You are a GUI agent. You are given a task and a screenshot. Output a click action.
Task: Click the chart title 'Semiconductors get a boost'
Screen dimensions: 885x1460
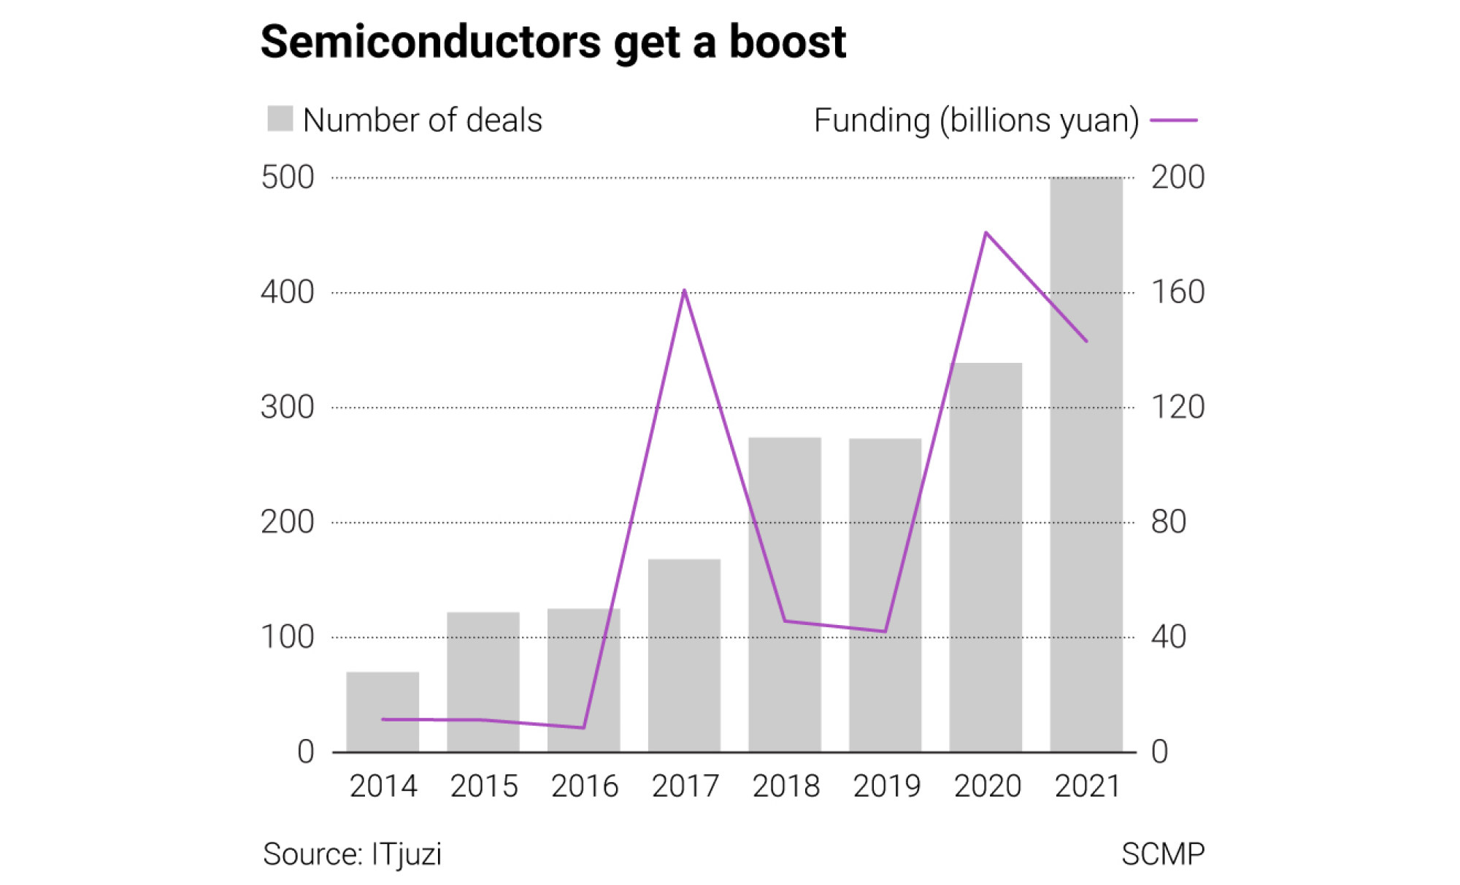[553, 42]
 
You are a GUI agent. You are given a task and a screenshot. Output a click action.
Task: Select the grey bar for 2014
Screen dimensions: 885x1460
[383, 711]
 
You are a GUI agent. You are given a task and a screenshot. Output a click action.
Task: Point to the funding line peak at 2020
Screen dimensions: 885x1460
[986, 233]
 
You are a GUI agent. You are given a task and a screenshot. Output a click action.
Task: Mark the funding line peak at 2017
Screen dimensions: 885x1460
[684, 291]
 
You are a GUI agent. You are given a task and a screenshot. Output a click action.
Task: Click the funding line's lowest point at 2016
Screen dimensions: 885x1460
[583, 727]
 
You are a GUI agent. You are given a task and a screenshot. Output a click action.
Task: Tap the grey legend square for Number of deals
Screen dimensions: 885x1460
[280, 119]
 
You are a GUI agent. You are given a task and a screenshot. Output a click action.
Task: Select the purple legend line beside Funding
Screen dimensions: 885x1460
[1174, 120]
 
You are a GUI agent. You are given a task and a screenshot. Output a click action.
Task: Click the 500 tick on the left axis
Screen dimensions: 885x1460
[288, 177]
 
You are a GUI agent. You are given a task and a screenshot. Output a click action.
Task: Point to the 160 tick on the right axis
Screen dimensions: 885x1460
[1177, 292]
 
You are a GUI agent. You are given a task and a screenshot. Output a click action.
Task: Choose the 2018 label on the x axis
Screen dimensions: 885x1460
[785, 786]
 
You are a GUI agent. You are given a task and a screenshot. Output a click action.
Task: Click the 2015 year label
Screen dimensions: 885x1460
[483, 786]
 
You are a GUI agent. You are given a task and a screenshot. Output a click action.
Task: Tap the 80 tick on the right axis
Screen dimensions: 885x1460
[1169, 522]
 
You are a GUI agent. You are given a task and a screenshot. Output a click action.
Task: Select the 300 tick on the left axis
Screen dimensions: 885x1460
[288, 407]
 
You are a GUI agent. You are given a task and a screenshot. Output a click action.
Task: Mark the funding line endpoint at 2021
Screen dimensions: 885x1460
[1086, 341]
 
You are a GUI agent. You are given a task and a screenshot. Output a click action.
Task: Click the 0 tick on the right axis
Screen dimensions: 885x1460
[1160, 752]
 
